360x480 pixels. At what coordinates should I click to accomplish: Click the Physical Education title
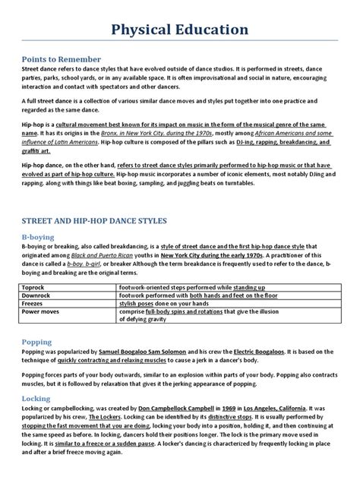[179, 30]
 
